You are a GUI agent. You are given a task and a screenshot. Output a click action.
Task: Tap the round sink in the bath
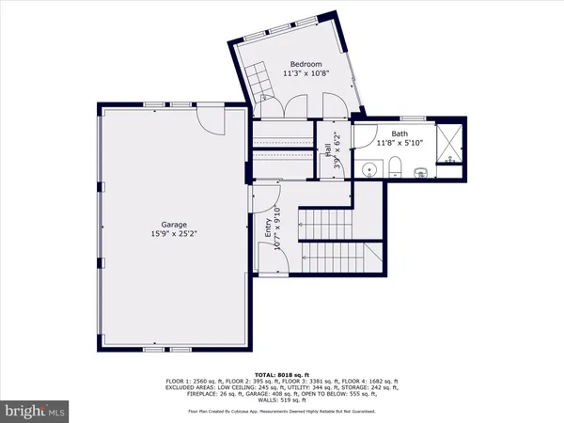coord(369,170)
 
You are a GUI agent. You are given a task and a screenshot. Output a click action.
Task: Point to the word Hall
coord(327,149)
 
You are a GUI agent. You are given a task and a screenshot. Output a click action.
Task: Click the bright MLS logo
coord(34,410)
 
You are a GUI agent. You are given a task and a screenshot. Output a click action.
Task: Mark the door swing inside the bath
coord(363,133)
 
